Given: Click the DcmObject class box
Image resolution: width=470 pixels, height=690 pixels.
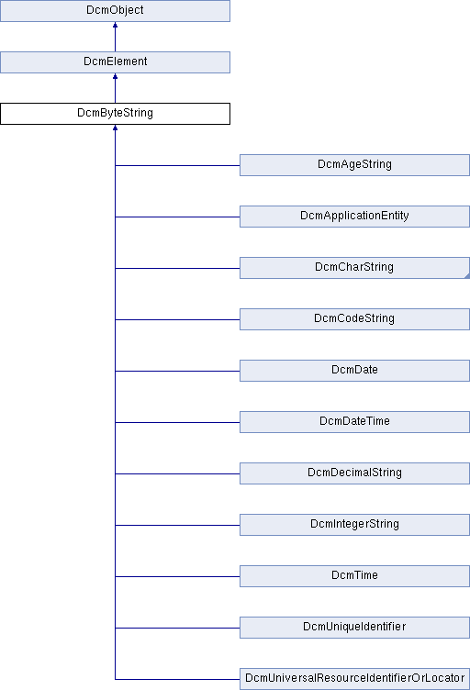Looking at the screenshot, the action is pos(115,11).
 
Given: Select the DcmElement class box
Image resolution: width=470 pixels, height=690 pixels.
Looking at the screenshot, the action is pos(115,62).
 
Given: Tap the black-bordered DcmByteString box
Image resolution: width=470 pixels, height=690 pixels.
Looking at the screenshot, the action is pos(115,114).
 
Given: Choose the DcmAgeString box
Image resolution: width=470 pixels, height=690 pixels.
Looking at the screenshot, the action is pos(354,165).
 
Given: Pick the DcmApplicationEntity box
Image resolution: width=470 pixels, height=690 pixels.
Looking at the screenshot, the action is pos(354,217).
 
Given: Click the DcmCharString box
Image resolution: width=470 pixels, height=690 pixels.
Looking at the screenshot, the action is pos(354,268).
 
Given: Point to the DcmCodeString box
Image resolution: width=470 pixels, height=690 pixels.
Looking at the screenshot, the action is pos(354,319).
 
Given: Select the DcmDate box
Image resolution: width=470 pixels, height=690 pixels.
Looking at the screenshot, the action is pos(354,371).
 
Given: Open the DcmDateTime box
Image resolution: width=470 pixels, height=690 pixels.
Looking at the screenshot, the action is pos(354,422).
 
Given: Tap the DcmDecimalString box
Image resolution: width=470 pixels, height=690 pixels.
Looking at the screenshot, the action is pos(354,473).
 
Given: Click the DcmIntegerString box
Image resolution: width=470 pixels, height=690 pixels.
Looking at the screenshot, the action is pos(354,525).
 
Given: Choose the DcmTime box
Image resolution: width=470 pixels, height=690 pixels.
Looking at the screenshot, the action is pos(354,576).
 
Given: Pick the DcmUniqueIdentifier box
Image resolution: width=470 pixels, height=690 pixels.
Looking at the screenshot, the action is pos(354,628).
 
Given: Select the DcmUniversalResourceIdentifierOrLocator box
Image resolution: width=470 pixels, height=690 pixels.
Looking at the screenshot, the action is pos(354,679).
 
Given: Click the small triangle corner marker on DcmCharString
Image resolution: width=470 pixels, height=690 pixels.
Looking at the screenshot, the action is pos(467,276).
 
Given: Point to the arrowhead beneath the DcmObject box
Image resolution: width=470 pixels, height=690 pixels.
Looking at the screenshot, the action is pos(116,25).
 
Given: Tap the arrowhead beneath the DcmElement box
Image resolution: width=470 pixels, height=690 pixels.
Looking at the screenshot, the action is pos(116,76).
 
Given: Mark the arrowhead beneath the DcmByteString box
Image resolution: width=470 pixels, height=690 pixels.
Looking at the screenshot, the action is pos(116,128).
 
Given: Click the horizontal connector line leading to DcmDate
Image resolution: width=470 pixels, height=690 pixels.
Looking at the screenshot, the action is pos(177,371).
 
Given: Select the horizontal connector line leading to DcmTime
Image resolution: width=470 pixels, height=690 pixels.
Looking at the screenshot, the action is pos(177,576).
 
